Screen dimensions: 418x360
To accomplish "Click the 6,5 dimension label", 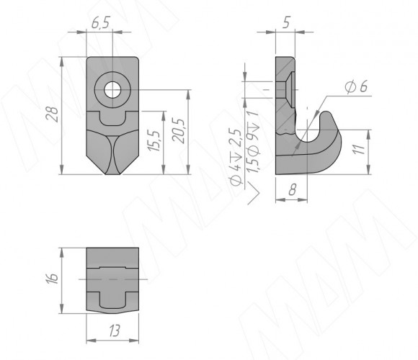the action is pyautogui.click(x=100, y=23).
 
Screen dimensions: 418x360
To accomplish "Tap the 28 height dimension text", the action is pyautogui.click(x=52, y=114).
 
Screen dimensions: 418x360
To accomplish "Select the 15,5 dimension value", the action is pyautogui.click(x=155, y=141).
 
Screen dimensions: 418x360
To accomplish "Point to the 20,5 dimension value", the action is pyautogui.click(x=178, y=130).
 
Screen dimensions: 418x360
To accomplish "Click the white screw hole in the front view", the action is pyautogui.click(x=112, y=90).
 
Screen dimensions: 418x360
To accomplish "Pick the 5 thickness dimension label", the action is pyautogui.click(x=286, y=22).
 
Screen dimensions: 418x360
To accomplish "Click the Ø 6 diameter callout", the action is pyautogui.click(x=356, y=86).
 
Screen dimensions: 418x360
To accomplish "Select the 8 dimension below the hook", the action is pyautogui.click(x=293, y=190).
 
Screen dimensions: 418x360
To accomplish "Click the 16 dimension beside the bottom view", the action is pyautogui.click(x=52, y=278).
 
